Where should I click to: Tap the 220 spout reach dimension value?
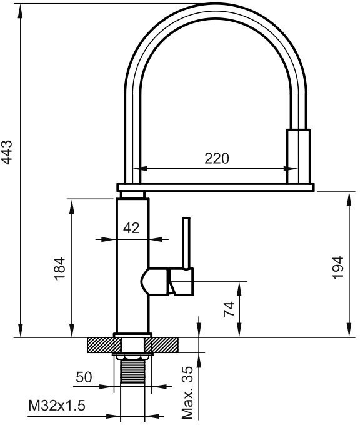click(x=217, y=158)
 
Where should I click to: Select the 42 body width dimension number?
click(x=131, y=228)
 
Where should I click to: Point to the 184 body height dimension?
click(x=59, y=268)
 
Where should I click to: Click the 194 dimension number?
click(x=338, y=267)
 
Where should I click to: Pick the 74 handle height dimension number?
click(x=229, y=309)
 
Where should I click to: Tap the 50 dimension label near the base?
click(x=84, y=377)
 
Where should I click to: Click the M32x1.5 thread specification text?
click(x=57, y=406)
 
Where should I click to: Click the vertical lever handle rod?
click(x=186, y=243)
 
